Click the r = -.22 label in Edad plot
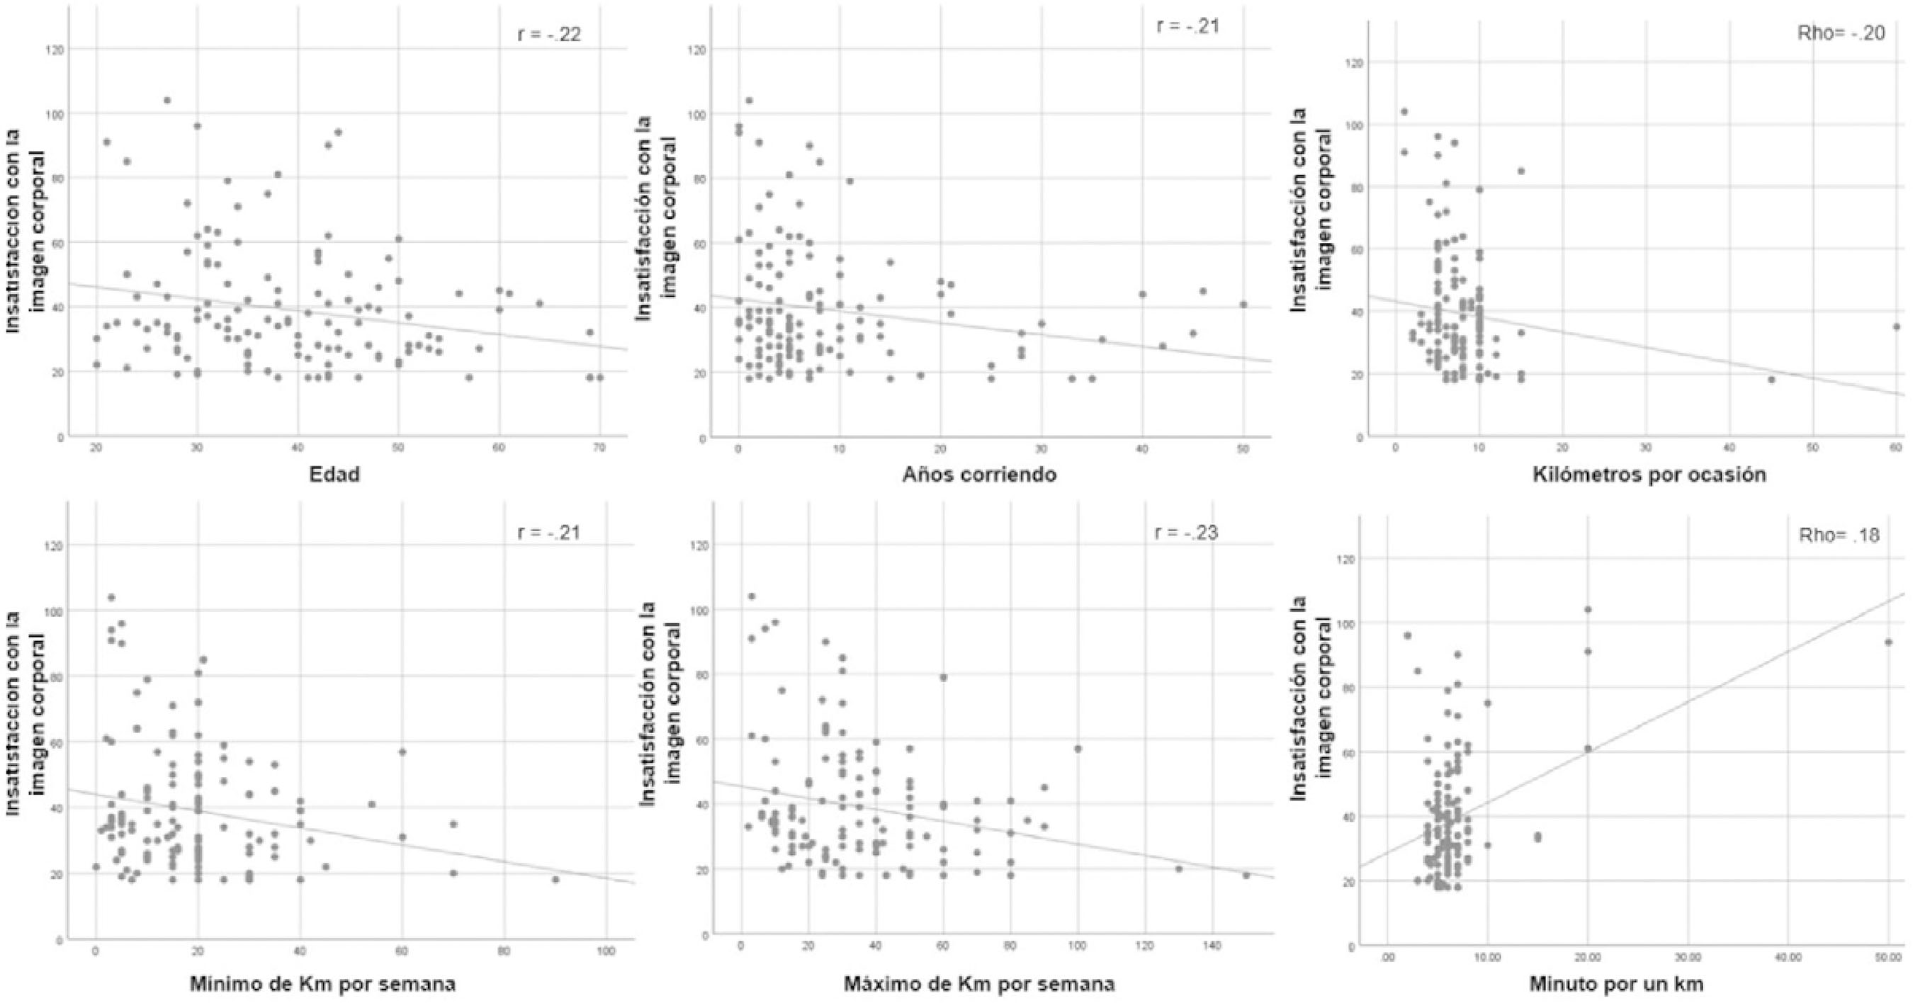point(548,34)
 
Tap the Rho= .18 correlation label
point(1839,535)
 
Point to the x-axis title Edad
point(334,475)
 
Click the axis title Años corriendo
point(978,475)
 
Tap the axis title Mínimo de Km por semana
point(322,985)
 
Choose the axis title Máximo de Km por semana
point(978,985)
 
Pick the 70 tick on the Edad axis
point(599,448)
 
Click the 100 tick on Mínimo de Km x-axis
point(606,951)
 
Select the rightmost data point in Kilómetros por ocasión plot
point(1895,326)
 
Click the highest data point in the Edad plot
point(167,100)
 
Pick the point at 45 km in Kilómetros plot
point(1771,380)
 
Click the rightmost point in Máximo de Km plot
point(1246,875)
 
